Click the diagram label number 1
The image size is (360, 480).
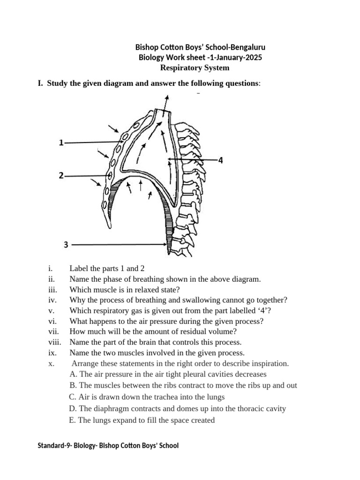click(61, 143)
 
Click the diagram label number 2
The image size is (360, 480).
click(61, 176)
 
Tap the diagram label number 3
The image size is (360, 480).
click(66, 244)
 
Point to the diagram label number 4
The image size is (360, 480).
click(220, 160)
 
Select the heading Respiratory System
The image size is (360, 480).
click(195, 68)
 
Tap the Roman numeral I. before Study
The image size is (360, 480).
click(40, 83)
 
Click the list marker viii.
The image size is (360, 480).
click(54, 342)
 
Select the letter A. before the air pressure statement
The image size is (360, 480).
click(73, 375)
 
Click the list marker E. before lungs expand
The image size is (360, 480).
click(72, 420)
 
